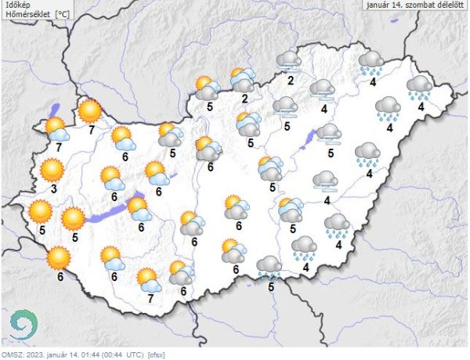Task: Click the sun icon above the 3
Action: (52, 168)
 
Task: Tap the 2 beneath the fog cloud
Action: (291, 80)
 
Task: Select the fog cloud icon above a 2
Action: (290, 60)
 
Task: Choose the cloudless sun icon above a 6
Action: (59, 256)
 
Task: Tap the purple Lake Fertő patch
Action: (56, 111)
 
